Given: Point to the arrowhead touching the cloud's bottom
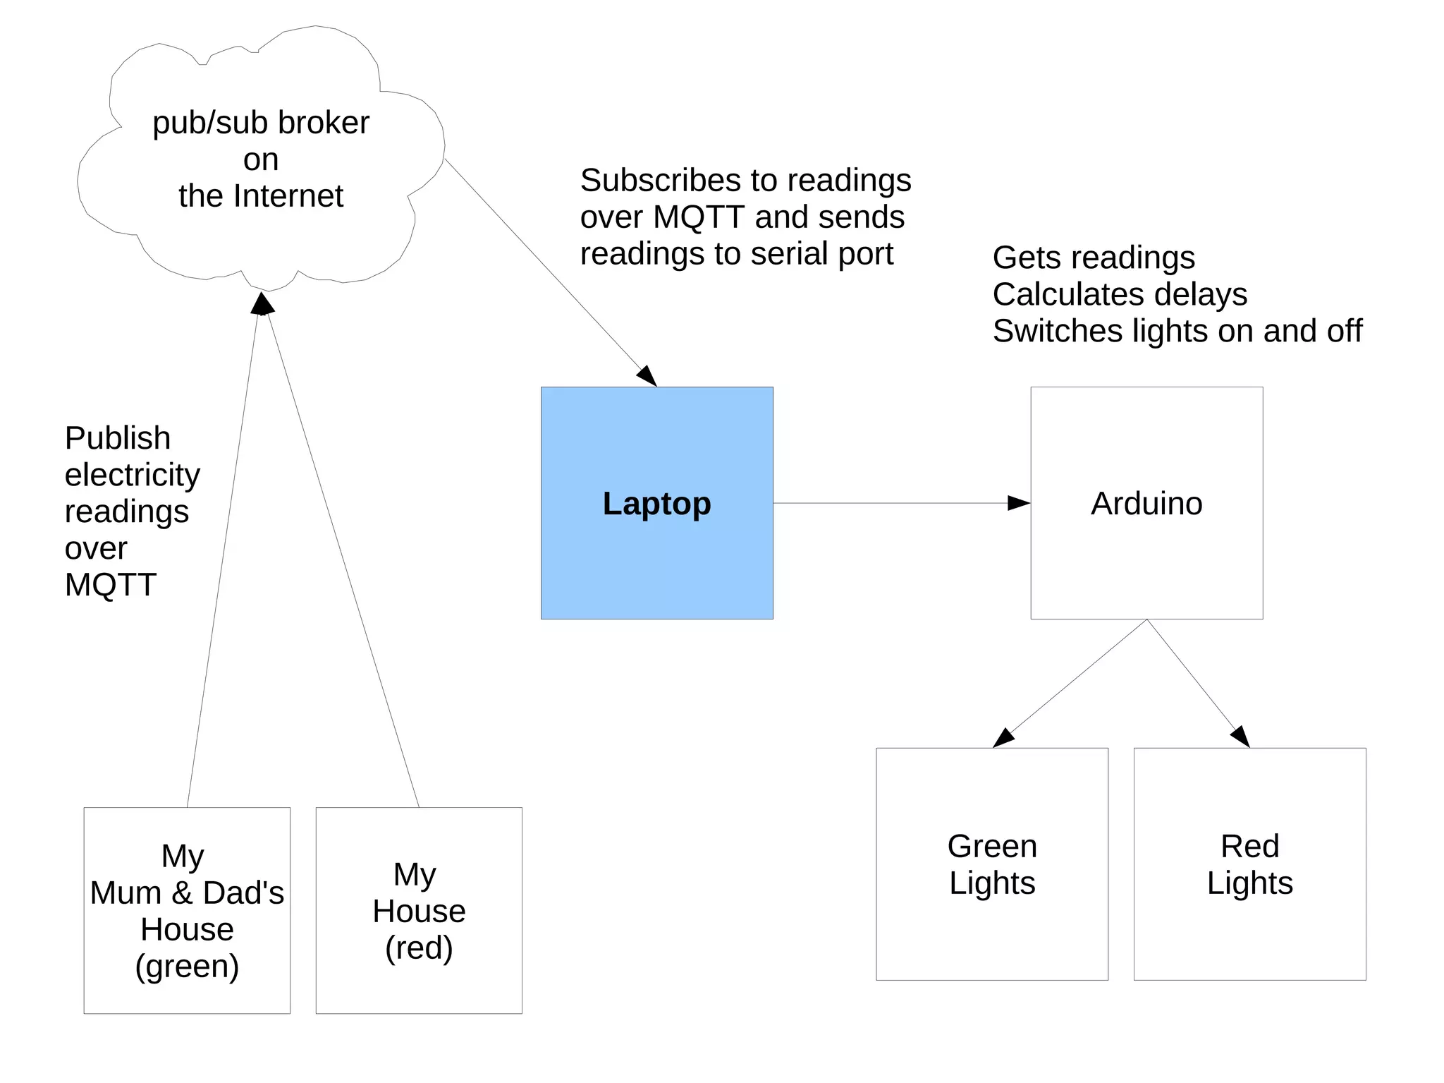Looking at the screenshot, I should [x=262, y=304].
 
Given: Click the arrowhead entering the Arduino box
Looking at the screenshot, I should [x=1019, y=503].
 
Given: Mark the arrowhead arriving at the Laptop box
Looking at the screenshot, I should [x=647, y=376].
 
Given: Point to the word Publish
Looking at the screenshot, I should [x=118, y=438].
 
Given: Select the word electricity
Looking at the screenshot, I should [x=133, y=475].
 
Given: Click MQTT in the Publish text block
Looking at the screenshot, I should [x=110, y=585].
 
